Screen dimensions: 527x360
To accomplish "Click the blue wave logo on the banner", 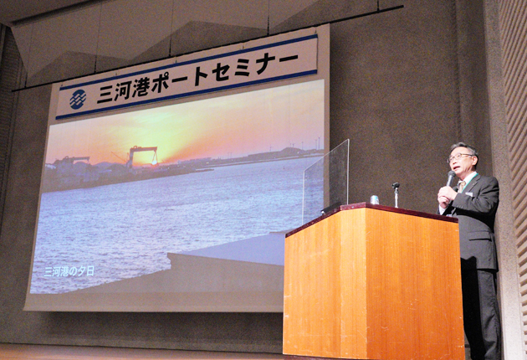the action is click(x=78, y=100).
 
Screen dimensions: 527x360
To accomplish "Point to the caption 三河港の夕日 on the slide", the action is click(x=69, y=271).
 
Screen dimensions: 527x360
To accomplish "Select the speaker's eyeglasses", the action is click(x=459, y=157).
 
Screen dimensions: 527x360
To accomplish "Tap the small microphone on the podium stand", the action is click(x=396, y=194).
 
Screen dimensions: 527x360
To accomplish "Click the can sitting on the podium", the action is click(x=375, y=199).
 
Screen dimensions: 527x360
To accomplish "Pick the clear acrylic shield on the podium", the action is click(x=325, y=179).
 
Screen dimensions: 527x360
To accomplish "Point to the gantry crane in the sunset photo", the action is click(x=143, y=157).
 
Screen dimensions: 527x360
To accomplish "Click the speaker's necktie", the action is click(x=462, y=186).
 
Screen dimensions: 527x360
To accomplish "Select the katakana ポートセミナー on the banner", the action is click(x=224, y=72).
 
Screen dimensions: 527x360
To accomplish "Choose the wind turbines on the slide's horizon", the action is click(x=303, y=144).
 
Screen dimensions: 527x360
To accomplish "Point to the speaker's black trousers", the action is click(x=481, y=310).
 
